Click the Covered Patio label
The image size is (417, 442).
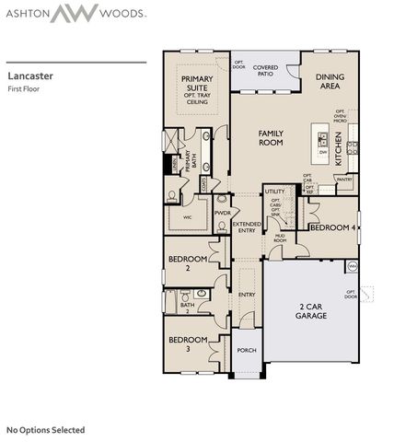tap(266, 71)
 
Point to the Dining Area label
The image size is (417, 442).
tap(329, 82)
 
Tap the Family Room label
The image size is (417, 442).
tap(270, 139)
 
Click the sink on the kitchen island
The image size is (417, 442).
tap(323, 140)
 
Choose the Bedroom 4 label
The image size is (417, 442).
tap(333, 227)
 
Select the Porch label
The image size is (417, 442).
tap(246, 350)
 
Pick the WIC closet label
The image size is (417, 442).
tap(187, 218)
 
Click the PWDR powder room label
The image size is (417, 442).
tap(222, 213)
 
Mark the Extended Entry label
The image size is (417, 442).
tap(247, 227)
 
